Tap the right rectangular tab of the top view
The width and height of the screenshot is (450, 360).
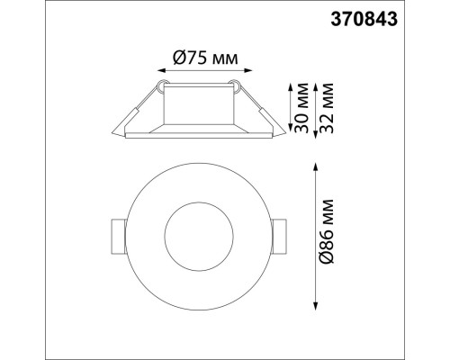280,236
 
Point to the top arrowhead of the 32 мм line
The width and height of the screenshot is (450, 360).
314,83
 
